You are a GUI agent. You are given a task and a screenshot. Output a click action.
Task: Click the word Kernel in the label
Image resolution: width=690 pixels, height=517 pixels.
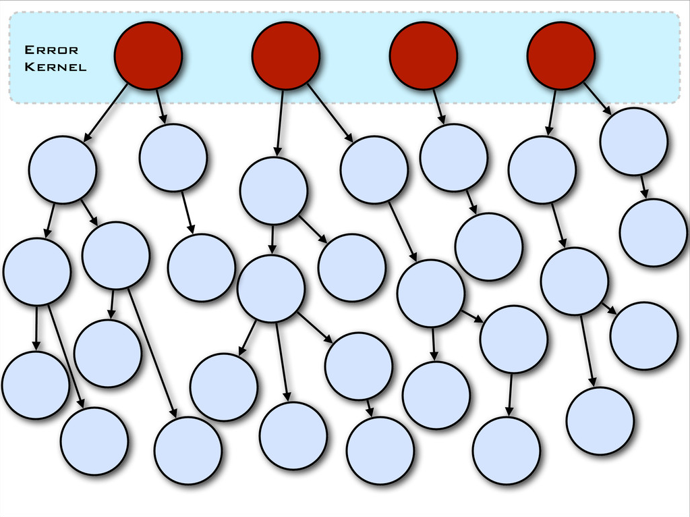point(55,67)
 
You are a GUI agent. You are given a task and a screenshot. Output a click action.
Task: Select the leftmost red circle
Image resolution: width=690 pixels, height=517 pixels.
point(148,55)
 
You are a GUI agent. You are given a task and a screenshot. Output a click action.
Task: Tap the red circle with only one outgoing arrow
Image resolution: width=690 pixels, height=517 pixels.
point(424,55)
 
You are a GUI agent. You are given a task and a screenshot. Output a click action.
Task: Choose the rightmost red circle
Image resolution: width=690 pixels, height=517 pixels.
point(560,55)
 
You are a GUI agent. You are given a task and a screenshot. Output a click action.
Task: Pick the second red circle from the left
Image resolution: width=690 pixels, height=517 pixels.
point(285,55)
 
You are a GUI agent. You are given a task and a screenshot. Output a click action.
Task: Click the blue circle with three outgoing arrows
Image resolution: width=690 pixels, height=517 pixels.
point(270,288)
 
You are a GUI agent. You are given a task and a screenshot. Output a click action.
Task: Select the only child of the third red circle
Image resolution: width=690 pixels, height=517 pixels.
point(453,157)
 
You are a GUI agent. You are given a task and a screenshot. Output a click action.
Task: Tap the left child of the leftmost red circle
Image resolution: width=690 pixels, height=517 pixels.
point(63,169)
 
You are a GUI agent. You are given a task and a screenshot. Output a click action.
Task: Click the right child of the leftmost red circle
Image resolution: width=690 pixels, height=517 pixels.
point(173,157)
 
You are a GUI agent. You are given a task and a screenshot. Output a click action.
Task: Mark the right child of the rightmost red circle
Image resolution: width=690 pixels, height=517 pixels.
point(633,141)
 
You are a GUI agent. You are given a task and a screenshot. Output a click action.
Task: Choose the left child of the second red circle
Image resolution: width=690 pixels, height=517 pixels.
point(273,191)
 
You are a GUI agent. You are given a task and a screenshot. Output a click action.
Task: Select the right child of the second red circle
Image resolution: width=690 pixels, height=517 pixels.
point(374,169)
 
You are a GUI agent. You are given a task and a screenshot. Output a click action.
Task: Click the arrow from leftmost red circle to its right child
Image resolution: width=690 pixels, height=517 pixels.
point(161,106)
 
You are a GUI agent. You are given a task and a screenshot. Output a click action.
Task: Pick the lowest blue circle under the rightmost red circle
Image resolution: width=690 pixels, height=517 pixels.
point(600,420)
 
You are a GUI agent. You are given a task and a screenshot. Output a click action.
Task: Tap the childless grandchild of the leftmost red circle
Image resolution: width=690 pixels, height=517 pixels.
point(201,267)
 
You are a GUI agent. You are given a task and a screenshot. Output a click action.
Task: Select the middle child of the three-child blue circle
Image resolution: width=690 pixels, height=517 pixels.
point(293,435)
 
